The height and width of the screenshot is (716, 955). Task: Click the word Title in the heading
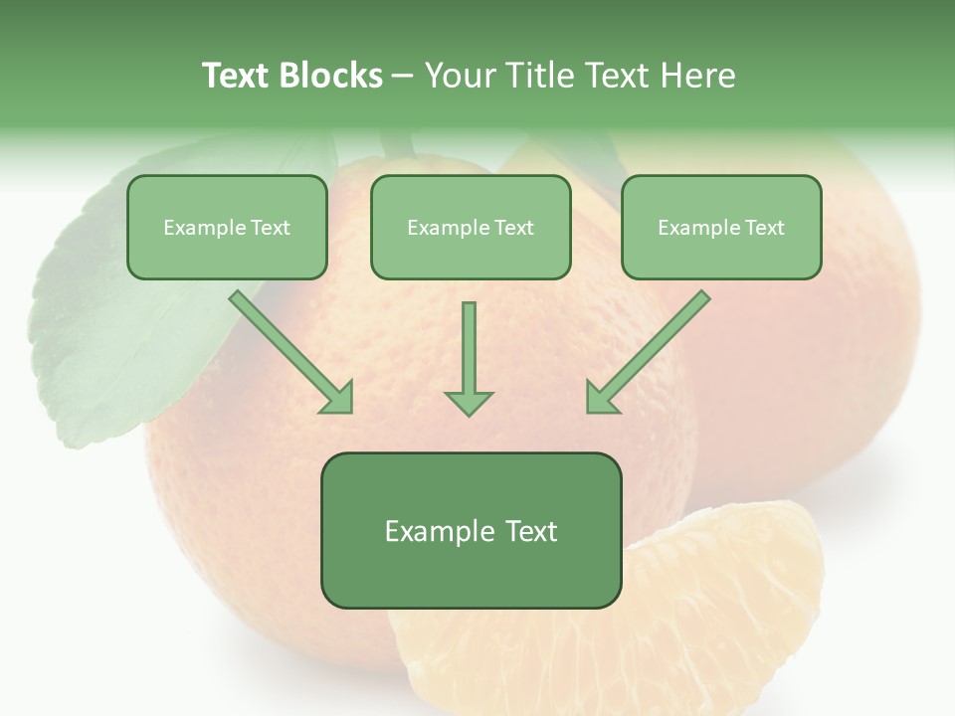536,76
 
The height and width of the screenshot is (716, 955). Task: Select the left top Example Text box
227,227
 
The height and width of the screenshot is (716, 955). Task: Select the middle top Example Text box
471,227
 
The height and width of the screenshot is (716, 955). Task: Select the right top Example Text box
721,227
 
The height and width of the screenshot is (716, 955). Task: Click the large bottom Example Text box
471,530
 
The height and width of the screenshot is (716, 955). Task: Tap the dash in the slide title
403,76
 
